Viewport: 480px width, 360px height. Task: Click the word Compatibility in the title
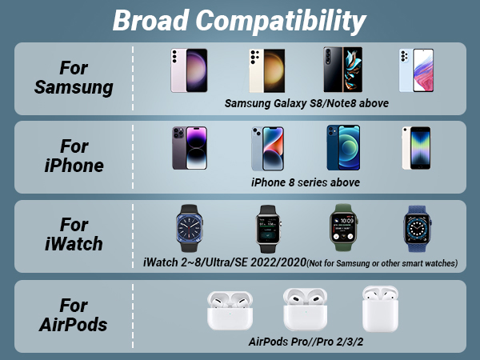[281, 22]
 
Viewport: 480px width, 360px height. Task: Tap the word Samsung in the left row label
[74, 88]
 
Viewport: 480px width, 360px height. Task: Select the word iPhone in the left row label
[74, 166]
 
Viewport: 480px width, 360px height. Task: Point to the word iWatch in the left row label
[74, 244]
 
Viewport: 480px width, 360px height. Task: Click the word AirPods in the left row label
[73, 325]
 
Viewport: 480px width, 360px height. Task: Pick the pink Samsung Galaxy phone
[189, 70]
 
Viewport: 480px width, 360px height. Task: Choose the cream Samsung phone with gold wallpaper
[267, 70]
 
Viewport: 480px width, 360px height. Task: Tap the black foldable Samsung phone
[343, 70]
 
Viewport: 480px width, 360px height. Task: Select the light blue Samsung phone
[416, 70]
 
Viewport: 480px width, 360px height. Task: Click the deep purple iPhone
[190, 148]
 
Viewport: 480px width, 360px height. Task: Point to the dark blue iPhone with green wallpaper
[343, 147]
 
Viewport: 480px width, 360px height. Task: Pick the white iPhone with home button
[416, 148]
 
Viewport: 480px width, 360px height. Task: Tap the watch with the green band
[343, 228]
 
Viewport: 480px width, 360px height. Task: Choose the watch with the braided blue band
[418, 228]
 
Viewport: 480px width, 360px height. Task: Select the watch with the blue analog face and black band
[189, 228]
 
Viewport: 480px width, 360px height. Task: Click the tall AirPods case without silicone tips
[380, 309]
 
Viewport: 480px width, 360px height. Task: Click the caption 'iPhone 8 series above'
[306, 182]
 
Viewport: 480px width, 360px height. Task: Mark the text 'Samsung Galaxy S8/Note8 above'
[306, 103]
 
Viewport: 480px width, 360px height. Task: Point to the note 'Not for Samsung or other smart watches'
[382, 263]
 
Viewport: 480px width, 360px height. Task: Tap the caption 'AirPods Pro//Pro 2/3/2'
[306, 342]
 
